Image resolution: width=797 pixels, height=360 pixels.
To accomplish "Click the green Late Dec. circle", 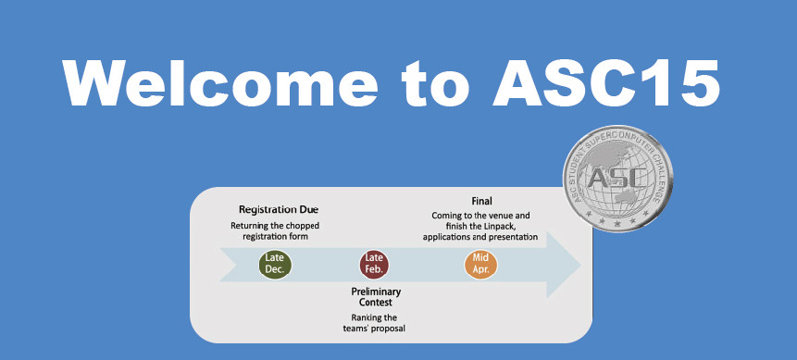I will (275, 265).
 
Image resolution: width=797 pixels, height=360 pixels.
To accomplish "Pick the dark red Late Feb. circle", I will (374, 265).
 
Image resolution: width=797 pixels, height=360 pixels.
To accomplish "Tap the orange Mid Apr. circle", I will (480, 265).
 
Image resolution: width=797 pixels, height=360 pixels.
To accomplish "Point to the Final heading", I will (481, 201).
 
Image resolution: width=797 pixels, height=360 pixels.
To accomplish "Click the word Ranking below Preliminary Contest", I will (355, 317).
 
